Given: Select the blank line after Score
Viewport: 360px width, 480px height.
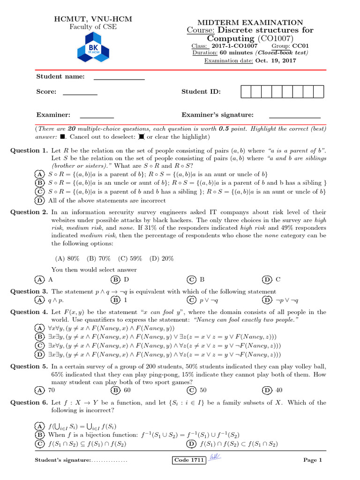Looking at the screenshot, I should (x=80, y=92).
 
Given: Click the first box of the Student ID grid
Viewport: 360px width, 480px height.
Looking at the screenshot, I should (x=246, y=92).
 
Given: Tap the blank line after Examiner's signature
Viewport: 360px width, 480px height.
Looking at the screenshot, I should (x=294, y=115).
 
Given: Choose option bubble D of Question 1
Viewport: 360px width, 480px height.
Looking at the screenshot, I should (x=40, y=200).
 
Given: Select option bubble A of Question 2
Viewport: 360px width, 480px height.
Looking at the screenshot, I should (x=40, y=279).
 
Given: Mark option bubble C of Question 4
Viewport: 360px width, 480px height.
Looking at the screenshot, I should (x=40, y=345).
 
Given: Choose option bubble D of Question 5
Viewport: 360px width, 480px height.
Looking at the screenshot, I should (x=267, y=390).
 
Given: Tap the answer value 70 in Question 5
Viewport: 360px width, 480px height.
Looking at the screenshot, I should (x=52, y=390).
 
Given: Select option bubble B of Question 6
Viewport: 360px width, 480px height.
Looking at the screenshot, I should (x=40, y=435).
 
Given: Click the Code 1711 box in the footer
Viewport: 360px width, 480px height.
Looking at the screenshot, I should (x=189, y=460).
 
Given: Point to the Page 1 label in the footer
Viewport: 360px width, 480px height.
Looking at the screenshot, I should (x=313, y=460).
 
